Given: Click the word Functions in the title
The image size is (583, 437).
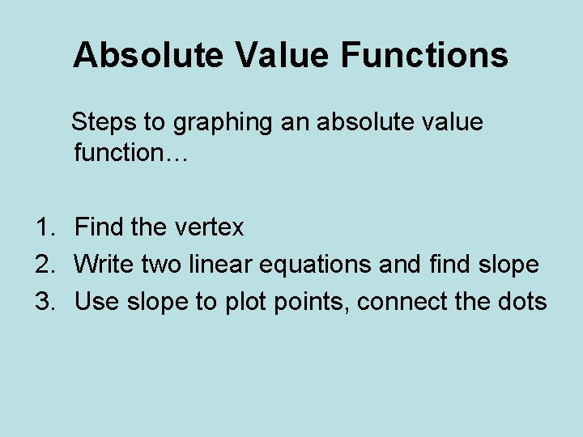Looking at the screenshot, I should click(x=424, y=56).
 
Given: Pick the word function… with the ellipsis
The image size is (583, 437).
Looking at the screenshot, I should click(x=130, y=152).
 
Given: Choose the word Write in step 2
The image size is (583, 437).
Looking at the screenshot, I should click(x=104, y=265).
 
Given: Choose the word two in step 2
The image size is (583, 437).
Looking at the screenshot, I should click(x=160, y=265).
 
